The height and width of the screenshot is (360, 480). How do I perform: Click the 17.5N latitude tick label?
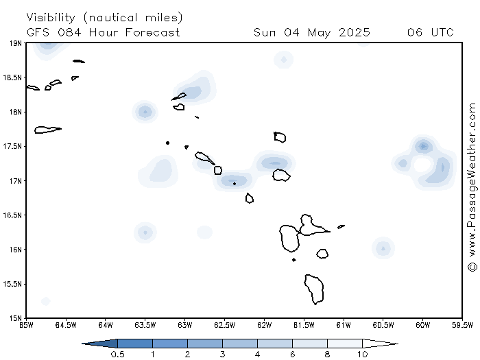click(12, 147)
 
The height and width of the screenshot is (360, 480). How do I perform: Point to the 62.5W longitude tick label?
click(225, 325)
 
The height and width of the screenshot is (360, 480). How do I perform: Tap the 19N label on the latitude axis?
click(16, 43)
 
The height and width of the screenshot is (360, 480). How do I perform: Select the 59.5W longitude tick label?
click(463, 325)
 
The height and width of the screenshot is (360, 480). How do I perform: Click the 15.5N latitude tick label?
click(12, 284)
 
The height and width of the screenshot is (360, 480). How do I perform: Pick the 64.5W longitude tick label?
click(66, 325)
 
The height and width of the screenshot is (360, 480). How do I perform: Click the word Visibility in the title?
click(51, 18)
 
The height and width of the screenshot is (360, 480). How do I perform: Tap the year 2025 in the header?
click(355, 32)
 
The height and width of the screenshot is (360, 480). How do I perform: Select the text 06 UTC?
click(431, 32)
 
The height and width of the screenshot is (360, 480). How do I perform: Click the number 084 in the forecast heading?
click(70, 32)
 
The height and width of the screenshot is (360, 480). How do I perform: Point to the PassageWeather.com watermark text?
click(472, 187)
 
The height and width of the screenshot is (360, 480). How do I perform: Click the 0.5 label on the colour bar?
click(117, 355)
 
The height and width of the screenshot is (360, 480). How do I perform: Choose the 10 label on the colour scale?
click(363, 355)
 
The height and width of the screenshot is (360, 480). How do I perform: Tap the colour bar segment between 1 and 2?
click(170, 344)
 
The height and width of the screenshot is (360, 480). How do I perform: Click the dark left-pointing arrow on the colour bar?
click(99, 344)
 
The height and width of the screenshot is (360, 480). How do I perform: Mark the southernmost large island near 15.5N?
click(314, 289)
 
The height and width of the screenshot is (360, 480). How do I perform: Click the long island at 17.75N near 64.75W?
click(48, 130)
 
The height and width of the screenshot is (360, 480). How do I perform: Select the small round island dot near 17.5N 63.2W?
click(167, 143)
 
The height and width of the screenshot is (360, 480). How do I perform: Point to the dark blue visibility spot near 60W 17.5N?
click(423, 146)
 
